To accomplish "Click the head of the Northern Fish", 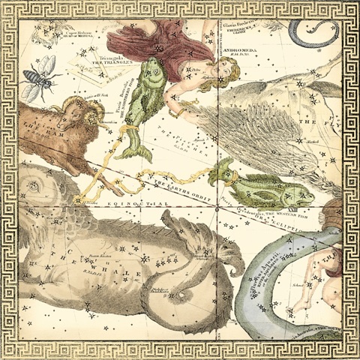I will [154, 75].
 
